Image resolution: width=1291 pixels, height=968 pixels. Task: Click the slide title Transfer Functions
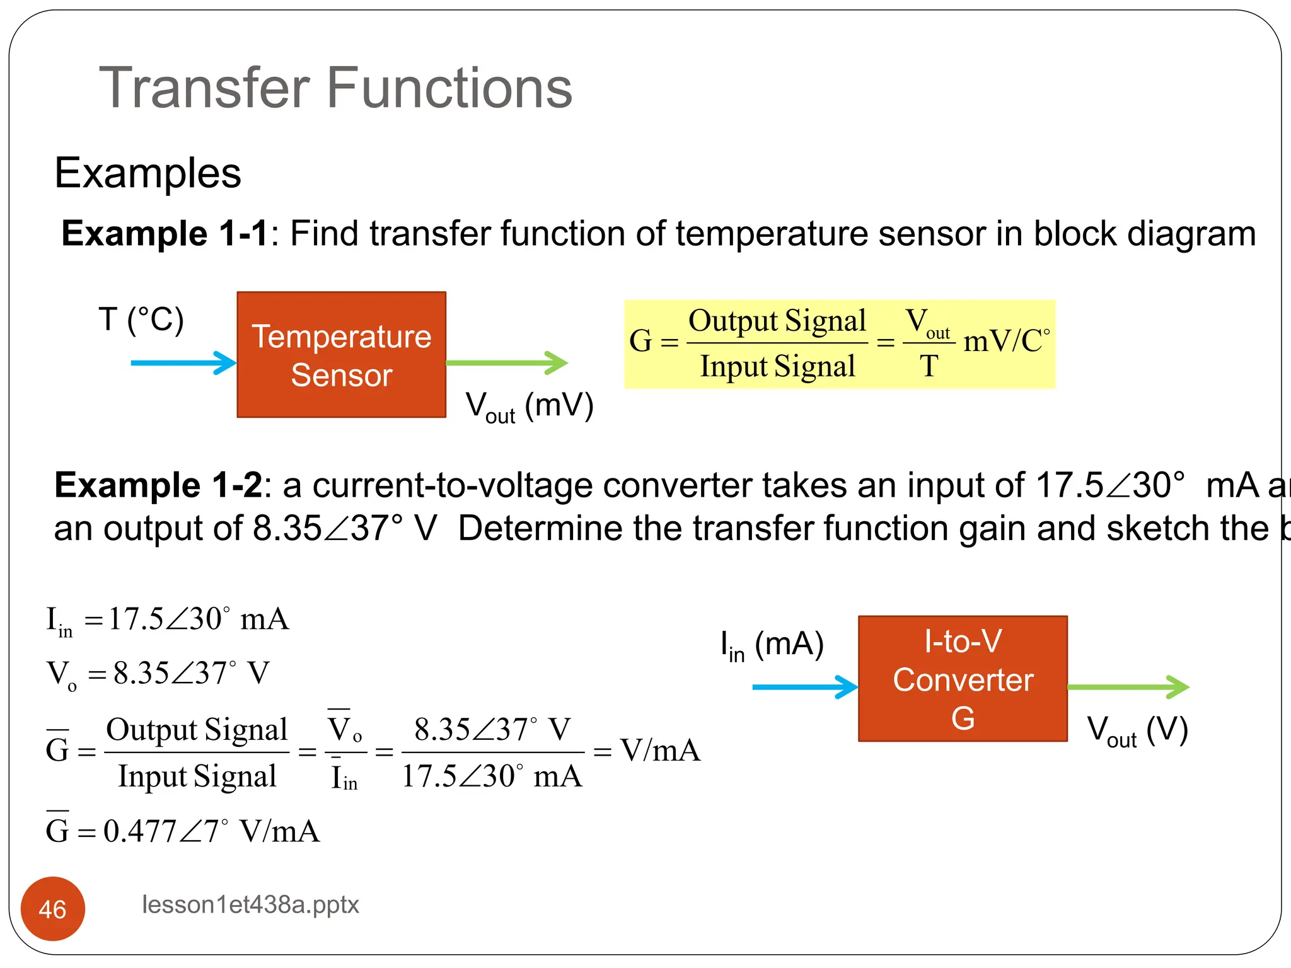click(x=335, y=88)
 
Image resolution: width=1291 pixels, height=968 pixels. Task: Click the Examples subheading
click(x=148, y=173)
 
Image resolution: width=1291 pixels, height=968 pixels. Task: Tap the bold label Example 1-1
click(x=166, y=234)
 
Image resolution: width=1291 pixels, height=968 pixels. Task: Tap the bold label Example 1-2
click(x=158, y=485)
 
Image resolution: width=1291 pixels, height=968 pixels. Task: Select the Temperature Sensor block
click(x=341, y=355)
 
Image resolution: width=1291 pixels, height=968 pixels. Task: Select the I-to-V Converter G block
click(x=963, y=679)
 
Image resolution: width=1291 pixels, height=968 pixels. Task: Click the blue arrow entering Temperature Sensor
click(x=183, y=363)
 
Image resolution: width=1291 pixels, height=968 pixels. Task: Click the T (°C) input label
click(x=141, y=320)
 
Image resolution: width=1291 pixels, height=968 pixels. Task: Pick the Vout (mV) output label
click(x=530, y=406)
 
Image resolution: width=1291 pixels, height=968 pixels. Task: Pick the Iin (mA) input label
click(x=772, y=646)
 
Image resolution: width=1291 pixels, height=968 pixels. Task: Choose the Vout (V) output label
click(x=1138, y=731)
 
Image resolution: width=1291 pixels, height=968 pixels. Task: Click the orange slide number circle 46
click(x=53, y=909)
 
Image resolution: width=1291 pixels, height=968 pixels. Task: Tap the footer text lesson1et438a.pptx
click(x=250, y=905)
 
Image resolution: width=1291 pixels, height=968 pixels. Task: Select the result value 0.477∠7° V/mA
click(x=211, y=831)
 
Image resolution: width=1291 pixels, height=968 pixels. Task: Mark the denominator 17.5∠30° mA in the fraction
click(x=492, y=776)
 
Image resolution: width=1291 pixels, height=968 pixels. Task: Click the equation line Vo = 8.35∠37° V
click(x=158, y=674)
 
